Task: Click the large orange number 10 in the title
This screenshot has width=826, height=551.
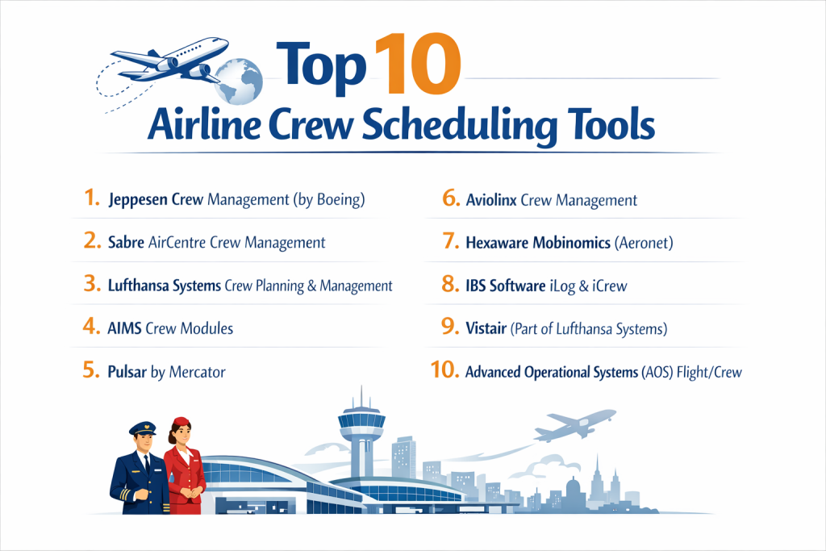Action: point(419,65)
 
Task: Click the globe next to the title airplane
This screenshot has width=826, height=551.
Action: point(239,81)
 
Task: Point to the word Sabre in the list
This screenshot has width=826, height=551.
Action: point(126,242)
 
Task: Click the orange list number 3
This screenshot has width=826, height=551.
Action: point(92,284)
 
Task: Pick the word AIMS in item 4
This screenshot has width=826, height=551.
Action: point(124,328)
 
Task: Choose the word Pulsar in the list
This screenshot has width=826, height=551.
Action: point(127,372)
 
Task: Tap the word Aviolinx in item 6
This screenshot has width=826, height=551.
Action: point(491,200)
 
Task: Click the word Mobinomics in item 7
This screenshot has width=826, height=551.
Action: point(572,242)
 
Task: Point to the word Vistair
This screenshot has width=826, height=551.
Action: point(486,328)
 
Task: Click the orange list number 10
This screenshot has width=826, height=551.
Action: point(444,369)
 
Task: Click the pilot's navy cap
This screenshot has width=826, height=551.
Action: point(142,428)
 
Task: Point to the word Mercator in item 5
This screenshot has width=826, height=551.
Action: point(198,372)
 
